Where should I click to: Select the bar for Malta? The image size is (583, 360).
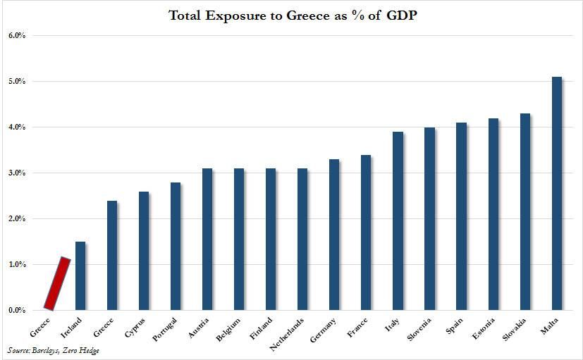pos(556,193)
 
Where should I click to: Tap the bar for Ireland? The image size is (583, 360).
pos(80,275)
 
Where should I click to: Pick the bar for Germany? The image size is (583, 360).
pos(334,235)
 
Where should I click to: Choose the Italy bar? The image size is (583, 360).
pos(398,221)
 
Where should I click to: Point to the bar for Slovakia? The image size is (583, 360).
pos(524,211)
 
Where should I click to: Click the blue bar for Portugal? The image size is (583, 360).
pos(176,246)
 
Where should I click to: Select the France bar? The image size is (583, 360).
pos(366,232)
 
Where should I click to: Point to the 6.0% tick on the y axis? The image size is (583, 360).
pos(16,35)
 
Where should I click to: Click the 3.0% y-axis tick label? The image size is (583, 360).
pos(16,173)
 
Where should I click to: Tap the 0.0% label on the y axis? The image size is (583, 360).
pos(16,310)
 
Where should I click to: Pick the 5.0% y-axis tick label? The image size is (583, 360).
pos(16,81)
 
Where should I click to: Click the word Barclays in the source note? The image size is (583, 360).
pos(47,350)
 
